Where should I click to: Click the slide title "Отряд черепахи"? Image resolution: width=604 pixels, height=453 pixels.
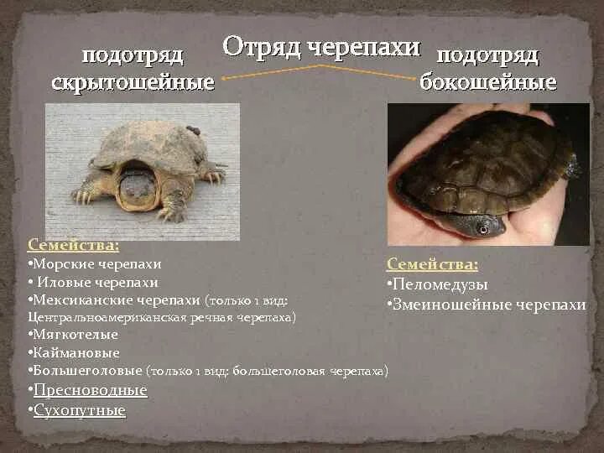click(321, 47)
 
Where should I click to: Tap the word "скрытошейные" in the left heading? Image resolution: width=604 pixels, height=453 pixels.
click(133, 83)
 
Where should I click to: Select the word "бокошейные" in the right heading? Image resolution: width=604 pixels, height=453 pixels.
click(487, 82)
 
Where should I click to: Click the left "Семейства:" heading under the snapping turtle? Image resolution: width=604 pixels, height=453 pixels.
click(73, 245)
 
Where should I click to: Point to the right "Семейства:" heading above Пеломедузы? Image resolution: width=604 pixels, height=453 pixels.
click(432, 264)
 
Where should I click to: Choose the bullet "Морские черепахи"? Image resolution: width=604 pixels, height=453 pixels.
click(96, 263)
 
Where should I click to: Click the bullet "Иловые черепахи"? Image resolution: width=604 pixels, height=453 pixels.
click(96, 282)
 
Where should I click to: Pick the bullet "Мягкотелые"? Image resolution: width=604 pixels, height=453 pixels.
click(75, 335)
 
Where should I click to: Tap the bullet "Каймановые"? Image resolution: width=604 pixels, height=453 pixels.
click(75, 352)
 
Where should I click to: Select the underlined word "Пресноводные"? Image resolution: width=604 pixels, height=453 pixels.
click(91, 390)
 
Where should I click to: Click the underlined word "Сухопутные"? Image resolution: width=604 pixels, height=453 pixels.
click(80, 410)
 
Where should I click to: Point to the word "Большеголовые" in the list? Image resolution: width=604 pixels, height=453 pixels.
click(88, 371)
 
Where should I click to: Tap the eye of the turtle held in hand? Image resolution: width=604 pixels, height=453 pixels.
click(481, 227)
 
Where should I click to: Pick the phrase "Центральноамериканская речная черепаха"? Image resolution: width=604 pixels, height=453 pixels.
click(160, 318)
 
